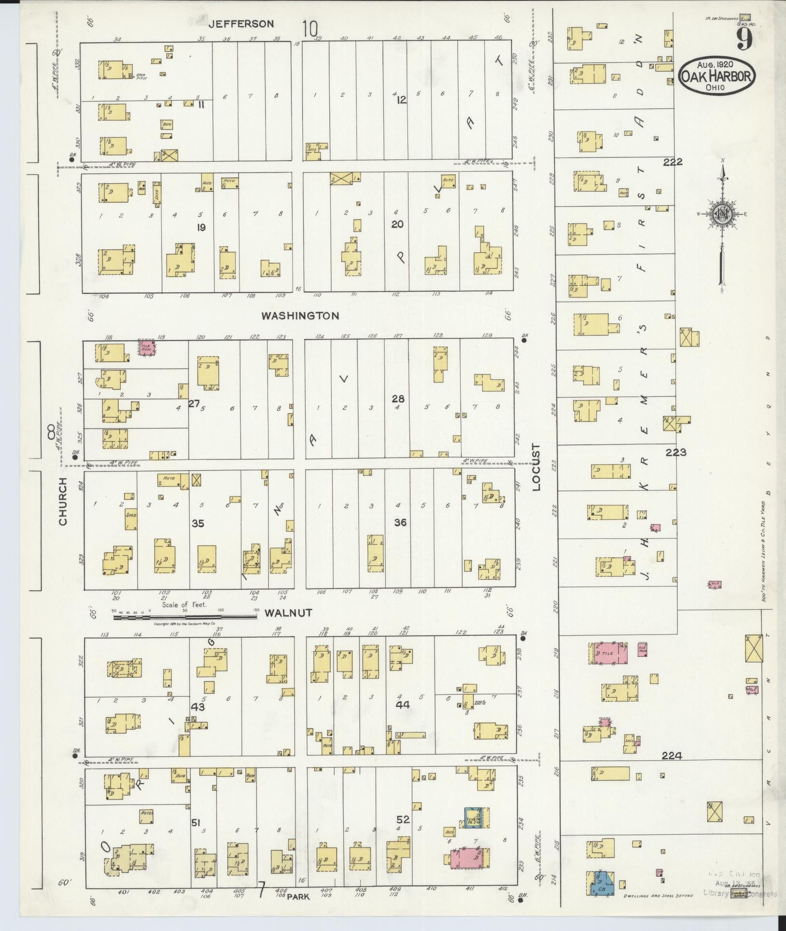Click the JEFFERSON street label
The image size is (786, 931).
[241, 24]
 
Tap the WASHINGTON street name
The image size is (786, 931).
[300, 316]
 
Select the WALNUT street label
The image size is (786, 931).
[288, 613]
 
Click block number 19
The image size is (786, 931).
[201, 227]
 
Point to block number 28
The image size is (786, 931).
[398, 399]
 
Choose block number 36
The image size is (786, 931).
[400, 522]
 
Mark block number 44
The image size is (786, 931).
[402, 705]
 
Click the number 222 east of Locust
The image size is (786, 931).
[673, 162]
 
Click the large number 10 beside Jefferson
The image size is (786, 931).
[310, 29]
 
